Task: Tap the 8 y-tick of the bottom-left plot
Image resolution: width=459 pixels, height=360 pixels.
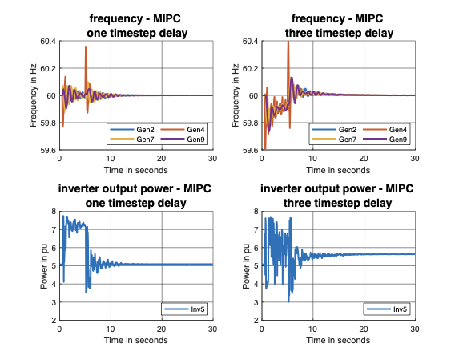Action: (53, 212)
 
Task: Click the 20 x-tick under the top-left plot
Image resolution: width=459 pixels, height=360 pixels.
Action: (163, 159)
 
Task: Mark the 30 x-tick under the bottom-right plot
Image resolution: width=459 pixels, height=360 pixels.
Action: (415, 330)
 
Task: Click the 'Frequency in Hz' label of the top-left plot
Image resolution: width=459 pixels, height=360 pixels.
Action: (33, 95)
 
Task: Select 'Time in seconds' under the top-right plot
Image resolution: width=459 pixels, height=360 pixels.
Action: (339, 170)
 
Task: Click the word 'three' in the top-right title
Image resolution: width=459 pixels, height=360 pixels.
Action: (297, 33)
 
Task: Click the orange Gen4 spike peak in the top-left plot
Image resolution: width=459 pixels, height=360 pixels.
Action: (86, 47)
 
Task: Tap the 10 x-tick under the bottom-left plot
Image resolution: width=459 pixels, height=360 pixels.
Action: (111, 330)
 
